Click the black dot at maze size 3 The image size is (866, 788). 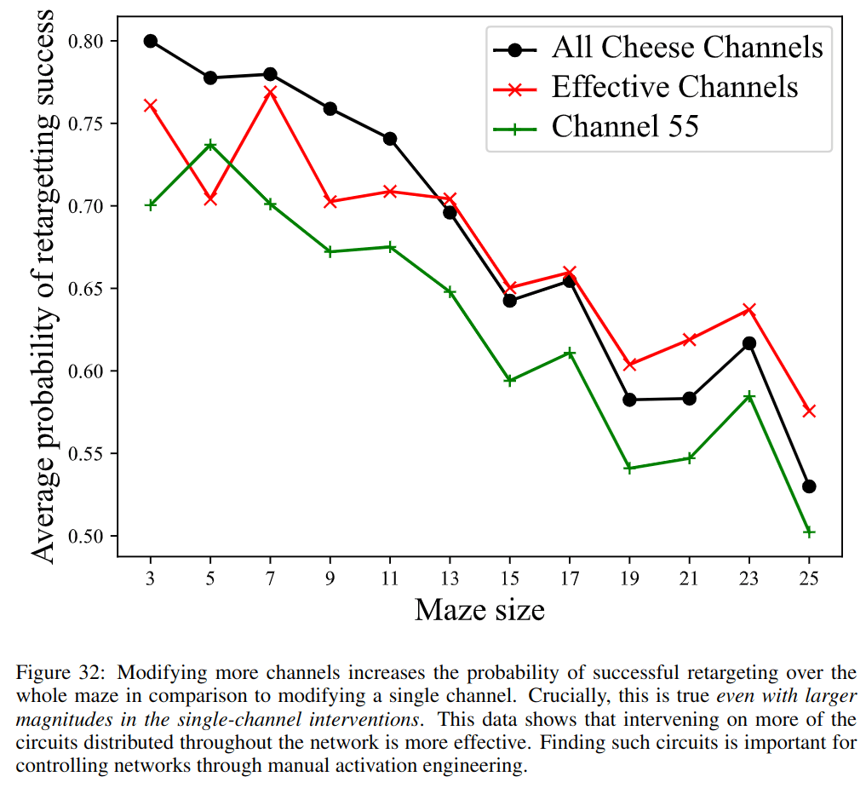pos(151,41)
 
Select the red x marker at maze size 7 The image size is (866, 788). pos(271,92)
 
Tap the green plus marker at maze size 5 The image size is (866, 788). pos(210,145)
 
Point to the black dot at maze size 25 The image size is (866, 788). pos(809,486)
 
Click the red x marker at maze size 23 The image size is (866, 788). pos(749,309)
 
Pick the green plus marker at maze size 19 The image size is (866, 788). pos(629,469)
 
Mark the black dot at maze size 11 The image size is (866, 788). pos(390,138)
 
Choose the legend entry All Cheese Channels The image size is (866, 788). pos(687,47)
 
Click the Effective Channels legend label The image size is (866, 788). pos(674,87)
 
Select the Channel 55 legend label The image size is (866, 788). pos(625,127)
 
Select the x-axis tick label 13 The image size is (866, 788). pos(450,578)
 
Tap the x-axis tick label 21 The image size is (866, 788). pos(689,578)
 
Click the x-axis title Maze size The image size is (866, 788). pos(479,610)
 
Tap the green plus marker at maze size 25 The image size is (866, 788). pos(809,532)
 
